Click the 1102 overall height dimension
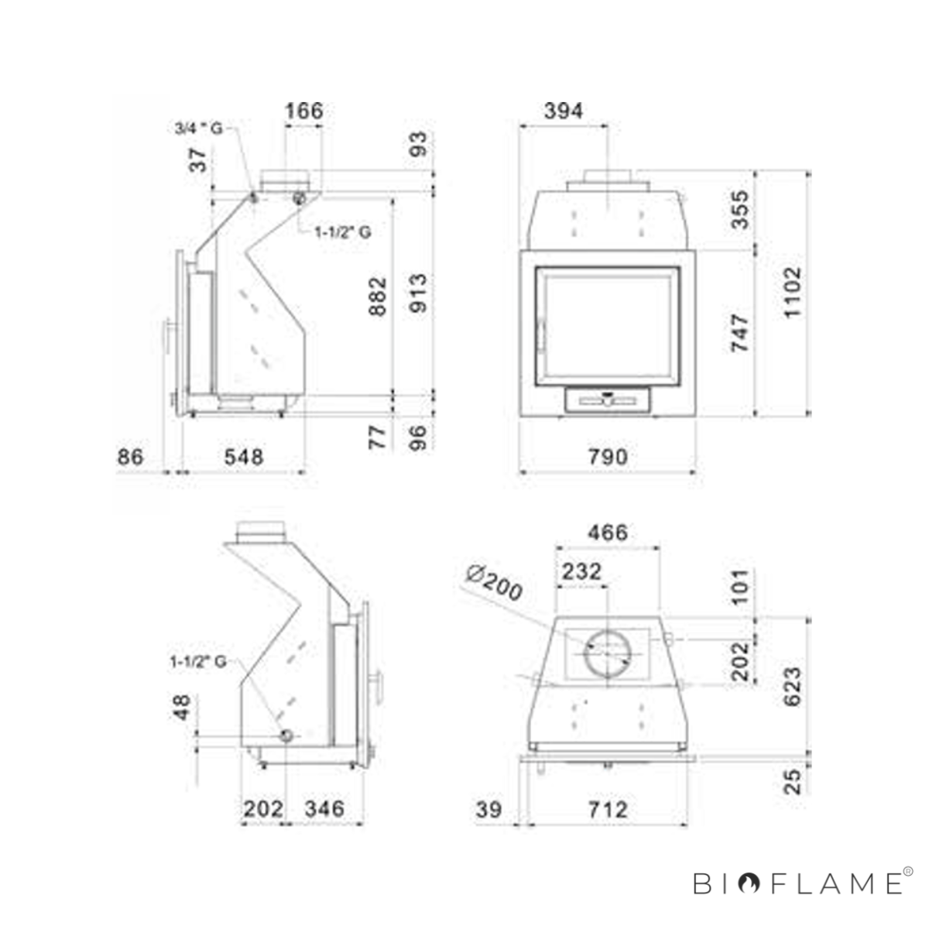pos(792,292)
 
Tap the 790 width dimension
pos(608,456)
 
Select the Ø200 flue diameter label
pos(495,584)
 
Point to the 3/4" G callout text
pos(199,129)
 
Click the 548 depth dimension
pos(244,456)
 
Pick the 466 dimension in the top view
pos(608,533)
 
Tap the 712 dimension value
pos(608,810)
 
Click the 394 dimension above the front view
pos(564,111)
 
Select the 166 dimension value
pos(304,111)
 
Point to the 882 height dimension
pos(378,296)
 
